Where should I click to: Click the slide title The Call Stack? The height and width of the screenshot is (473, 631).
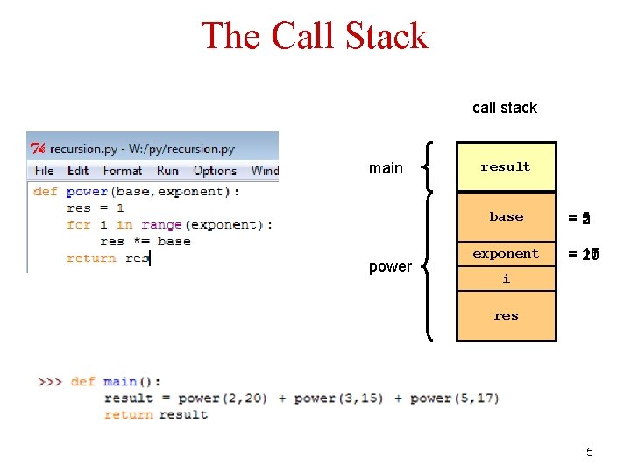[x=315, y=37]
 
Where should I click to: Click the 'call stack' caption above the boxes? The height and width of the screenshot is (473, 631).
[x=504, y=108]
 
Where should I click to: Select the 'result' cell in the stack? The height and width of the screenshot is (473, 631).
[x=506, y=166]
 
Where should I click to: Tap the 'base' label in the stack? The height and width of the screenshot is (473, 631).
[x=507, y=216]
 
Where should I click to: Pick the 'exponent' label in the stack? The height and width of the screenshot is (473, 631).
[x=506, y=253]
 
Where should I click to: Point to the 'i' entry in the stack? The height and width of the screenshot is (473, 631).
[x=506, y=279]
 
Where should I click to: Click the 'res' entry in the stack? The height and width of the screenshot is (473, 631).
[x=506, y=316]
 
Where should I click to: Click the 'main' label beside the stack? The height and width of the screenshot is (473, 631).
[x=386, y=168]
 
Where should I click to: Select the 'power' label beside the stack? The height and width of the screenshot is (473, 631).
[x=390, y=266]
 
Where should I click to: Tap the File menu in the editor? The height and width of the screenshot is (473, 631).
[x=44, y=171]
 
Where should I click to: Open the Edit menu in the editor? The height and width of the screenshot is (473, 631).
[x=78, y=171]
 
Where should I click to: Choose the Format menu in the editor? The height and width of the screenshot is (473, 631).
[x=122, y=171]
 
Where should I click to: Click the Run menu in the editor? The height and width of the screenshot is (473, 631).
[x=167, y=171]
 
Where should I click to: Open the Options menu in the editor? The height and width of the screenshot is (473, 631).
[x=215, y=171]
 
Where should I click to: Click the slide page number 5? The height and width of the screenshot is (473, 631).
[x=589, y=452]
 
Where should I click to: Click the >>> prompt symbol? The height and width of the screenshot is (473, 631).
[x=50, y=382]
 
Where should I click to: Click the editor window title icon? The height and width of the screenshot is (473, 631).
[x=38, y=149]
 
